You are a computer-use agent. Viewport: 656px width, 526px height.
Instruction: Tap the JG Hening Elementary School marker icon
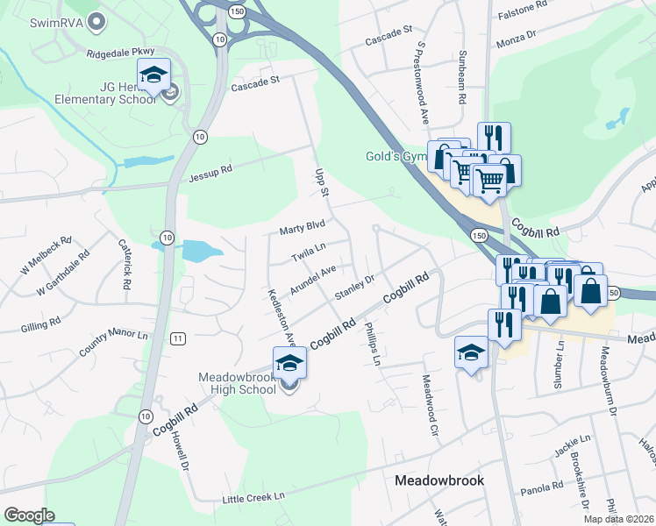[x=153, y=75]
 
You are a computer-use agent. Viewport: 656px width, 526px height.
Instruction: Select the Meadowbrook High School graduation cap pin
[x=289, y=363]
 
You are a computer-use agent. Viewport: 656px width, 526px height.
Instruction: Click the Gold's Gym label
[x=395, y=157]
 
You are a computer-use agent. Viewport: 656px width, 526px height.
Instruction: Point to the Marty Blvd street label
[x=302, y=230]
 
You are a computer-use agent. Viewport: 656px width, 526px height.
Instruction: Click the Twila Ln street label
[x=309, y=253]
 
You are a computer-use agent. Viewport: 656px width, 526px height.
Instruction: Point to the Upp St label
[x=321, y=181]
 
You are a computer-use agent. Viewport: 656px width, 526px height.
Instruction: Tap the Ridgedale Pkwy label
[x=119, y=53]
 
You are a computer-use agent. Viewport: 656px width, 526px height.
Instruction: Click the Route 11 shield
[x=178, y=338]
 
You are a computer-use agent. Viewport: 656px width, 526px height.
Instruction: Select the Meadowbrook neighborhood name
[x=439, y=480]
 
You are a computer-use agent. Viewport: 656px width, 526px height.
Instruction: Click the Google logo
[x=29, y=515]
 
